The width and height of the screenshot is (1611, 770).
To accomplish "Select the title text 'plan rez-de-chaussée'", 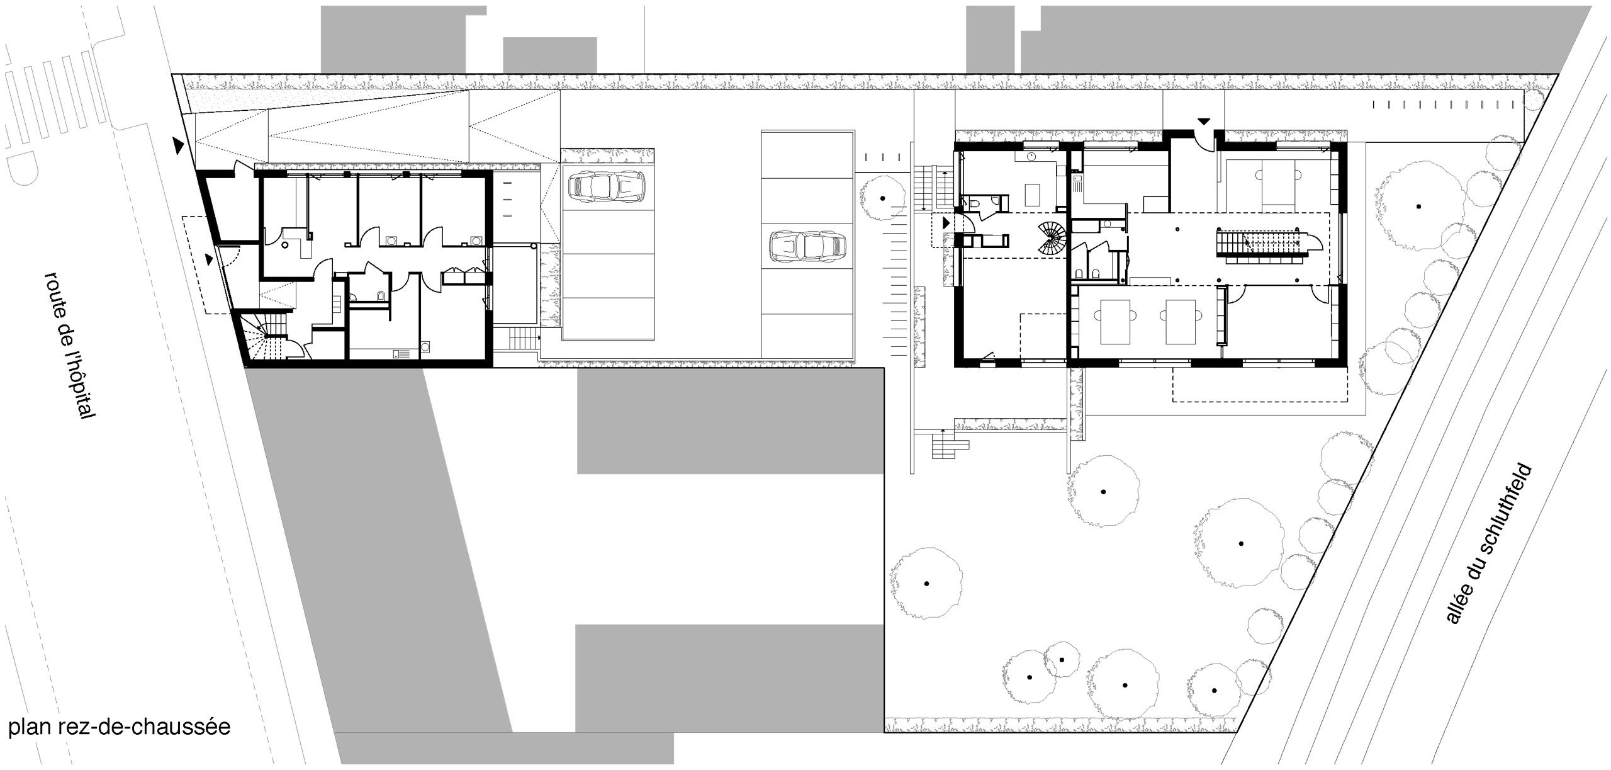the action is click(x=120, y=727).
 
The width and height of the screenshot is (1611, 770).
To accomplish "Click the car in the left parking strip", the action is click(x=607, y=188).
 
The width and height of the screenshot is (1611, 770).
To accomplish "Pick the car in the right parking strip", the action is click(x=807, y=247).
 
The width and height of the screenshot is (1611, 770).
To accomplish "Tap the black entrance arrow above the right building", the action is click(x=1204, y=121).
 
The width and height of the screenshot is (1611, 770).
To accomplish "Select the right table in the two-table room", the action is click(x=1181, y=321).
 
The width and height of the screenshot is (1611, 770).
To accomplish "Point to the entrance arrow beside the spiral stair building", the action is click(x=945, y=222).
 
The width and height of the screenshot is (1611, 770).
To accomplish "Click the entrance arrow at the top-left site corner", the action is click(x=179, y=146).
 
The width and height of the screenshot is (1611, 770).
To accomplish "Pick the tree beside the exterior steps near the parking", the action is click(x=883, y=198).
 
